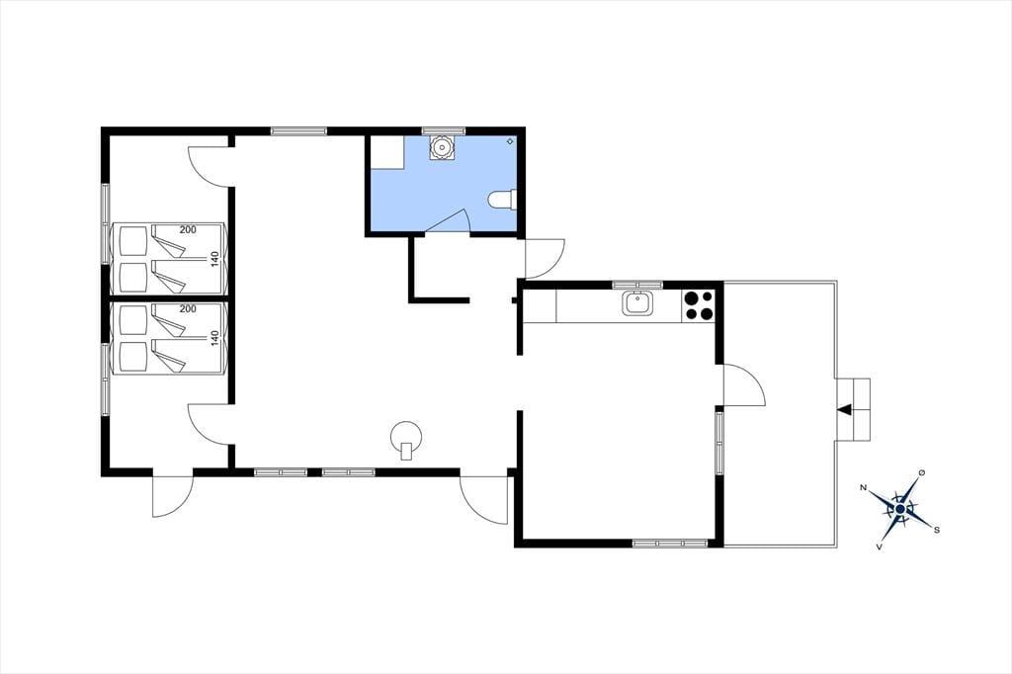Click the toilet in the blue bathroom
point(502,200)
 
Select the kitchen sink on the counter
point(637,303)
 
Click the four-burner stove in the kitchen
point(699,306)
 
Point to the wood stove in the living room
point(406,439)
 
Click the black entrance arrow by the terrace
point(844,409)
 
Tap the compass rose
point(899,509)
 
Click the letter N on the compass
point(864,487)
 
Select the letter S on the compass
point(937,530)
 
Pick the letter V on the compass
point(879,547)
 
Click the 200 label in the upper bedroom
point(188,230)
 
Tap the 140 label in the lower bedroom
point(214,338)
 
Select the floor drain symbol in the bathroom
point(511,140)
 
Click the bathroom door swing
point(452,220)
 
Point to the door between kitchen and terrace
point(744,384)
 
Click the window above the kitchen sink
point(637,285)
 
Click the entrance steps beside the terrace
point(853,409)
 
